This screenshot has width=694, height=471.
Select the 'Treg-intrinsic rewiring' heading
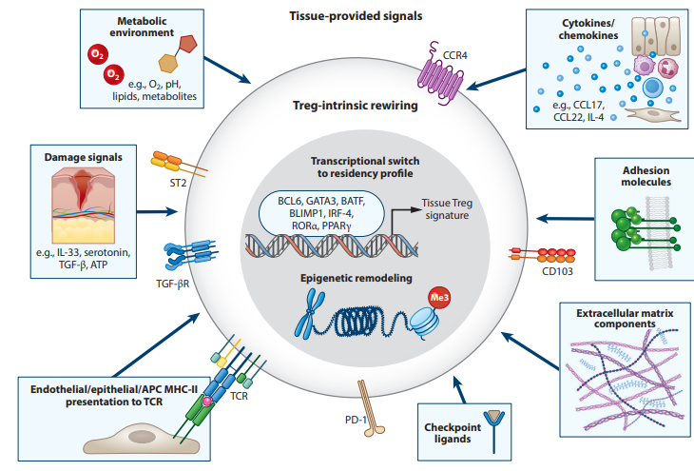(x=355, y=107)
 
